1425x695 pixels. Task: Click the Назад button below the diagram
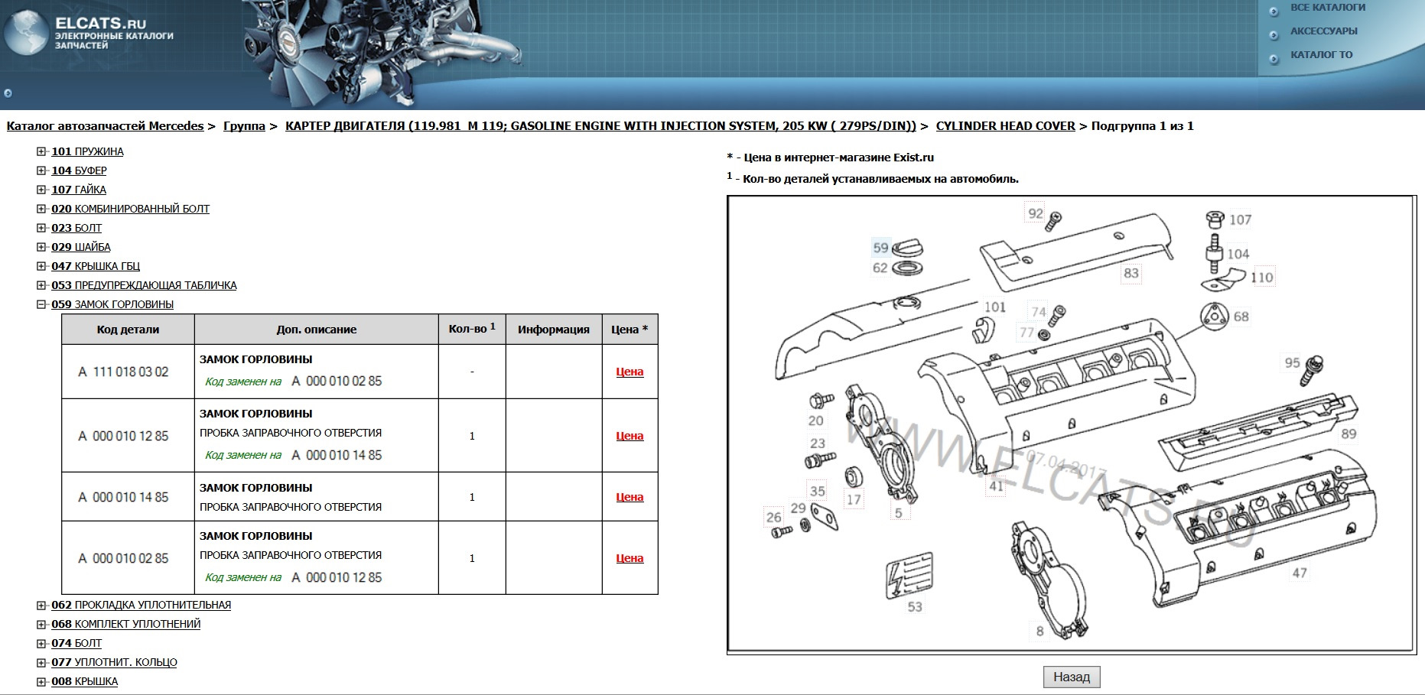pyautogui.click(x=1071, y=677)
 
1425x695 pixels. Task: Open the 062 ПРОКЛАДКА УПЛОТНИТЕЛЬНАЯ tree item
pyautogui.click(x=141, y=605)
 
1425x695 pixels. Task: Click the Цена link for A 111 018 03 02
pyautogui.click(x=630, y=372)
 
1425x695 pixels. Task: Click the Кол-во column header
pyautogui.click(x=471, y=329)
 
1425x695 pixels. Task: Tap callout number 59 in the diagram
pyautogui.click(x=880, y=248)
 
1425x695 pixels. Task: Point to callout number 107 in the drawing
pyautogui.click(x=1240, y=220)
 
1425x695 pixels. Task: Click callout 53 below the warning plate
pyautogui.click(x=915, y=607)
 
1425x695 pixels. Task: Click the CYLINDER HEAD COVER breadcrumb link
pyautogui.click(x=1005, y=126)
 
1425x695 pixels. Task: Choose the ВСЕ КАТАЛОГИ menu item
pyautogui.click(x=1327, y=8)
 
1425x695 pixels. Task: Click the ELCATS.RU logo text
pyautogui.click(x=100, y=23)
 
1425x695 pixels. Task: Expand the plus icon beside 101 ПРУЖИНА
pyautogui.click(x=41, y=151)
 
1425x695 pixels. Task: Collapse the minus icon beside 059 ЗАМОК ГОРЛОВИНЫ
pyautogui.click(x=41, y=304)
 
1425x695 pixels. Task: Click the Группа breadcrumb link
pyautogui.click(x=244, y=126)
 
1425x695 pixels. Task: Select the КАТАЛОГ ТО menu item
pyautogui.click(x=1321, y=55)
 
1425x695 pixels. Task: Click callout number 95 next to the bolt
pyautogui.click(x=1292, y=362)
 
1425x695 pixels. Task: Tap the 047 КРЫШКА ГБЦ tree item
pyautogui.click(x=96, y=266)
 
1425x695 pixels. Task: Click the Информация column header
pyautogui.click(x=553, y=329)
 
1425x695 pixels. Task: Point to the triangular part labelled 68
pyautogui.click(x=1213, y=317)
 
